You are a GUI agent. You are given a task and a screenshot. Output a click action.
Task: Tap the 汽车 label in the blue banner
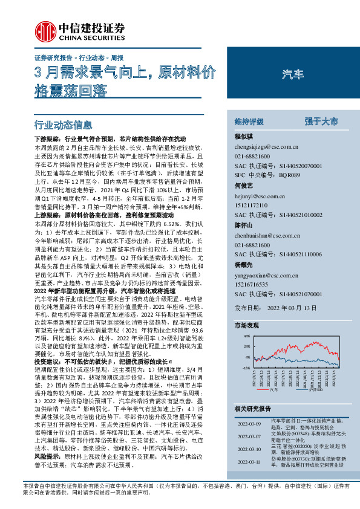[x=293, y=74]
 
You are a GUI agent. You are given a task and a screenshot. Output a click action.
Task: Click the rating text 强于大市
[x=321, y=122]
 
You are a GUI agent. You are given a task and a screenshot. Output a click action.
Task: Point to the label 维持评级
[x=250, y=122]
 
